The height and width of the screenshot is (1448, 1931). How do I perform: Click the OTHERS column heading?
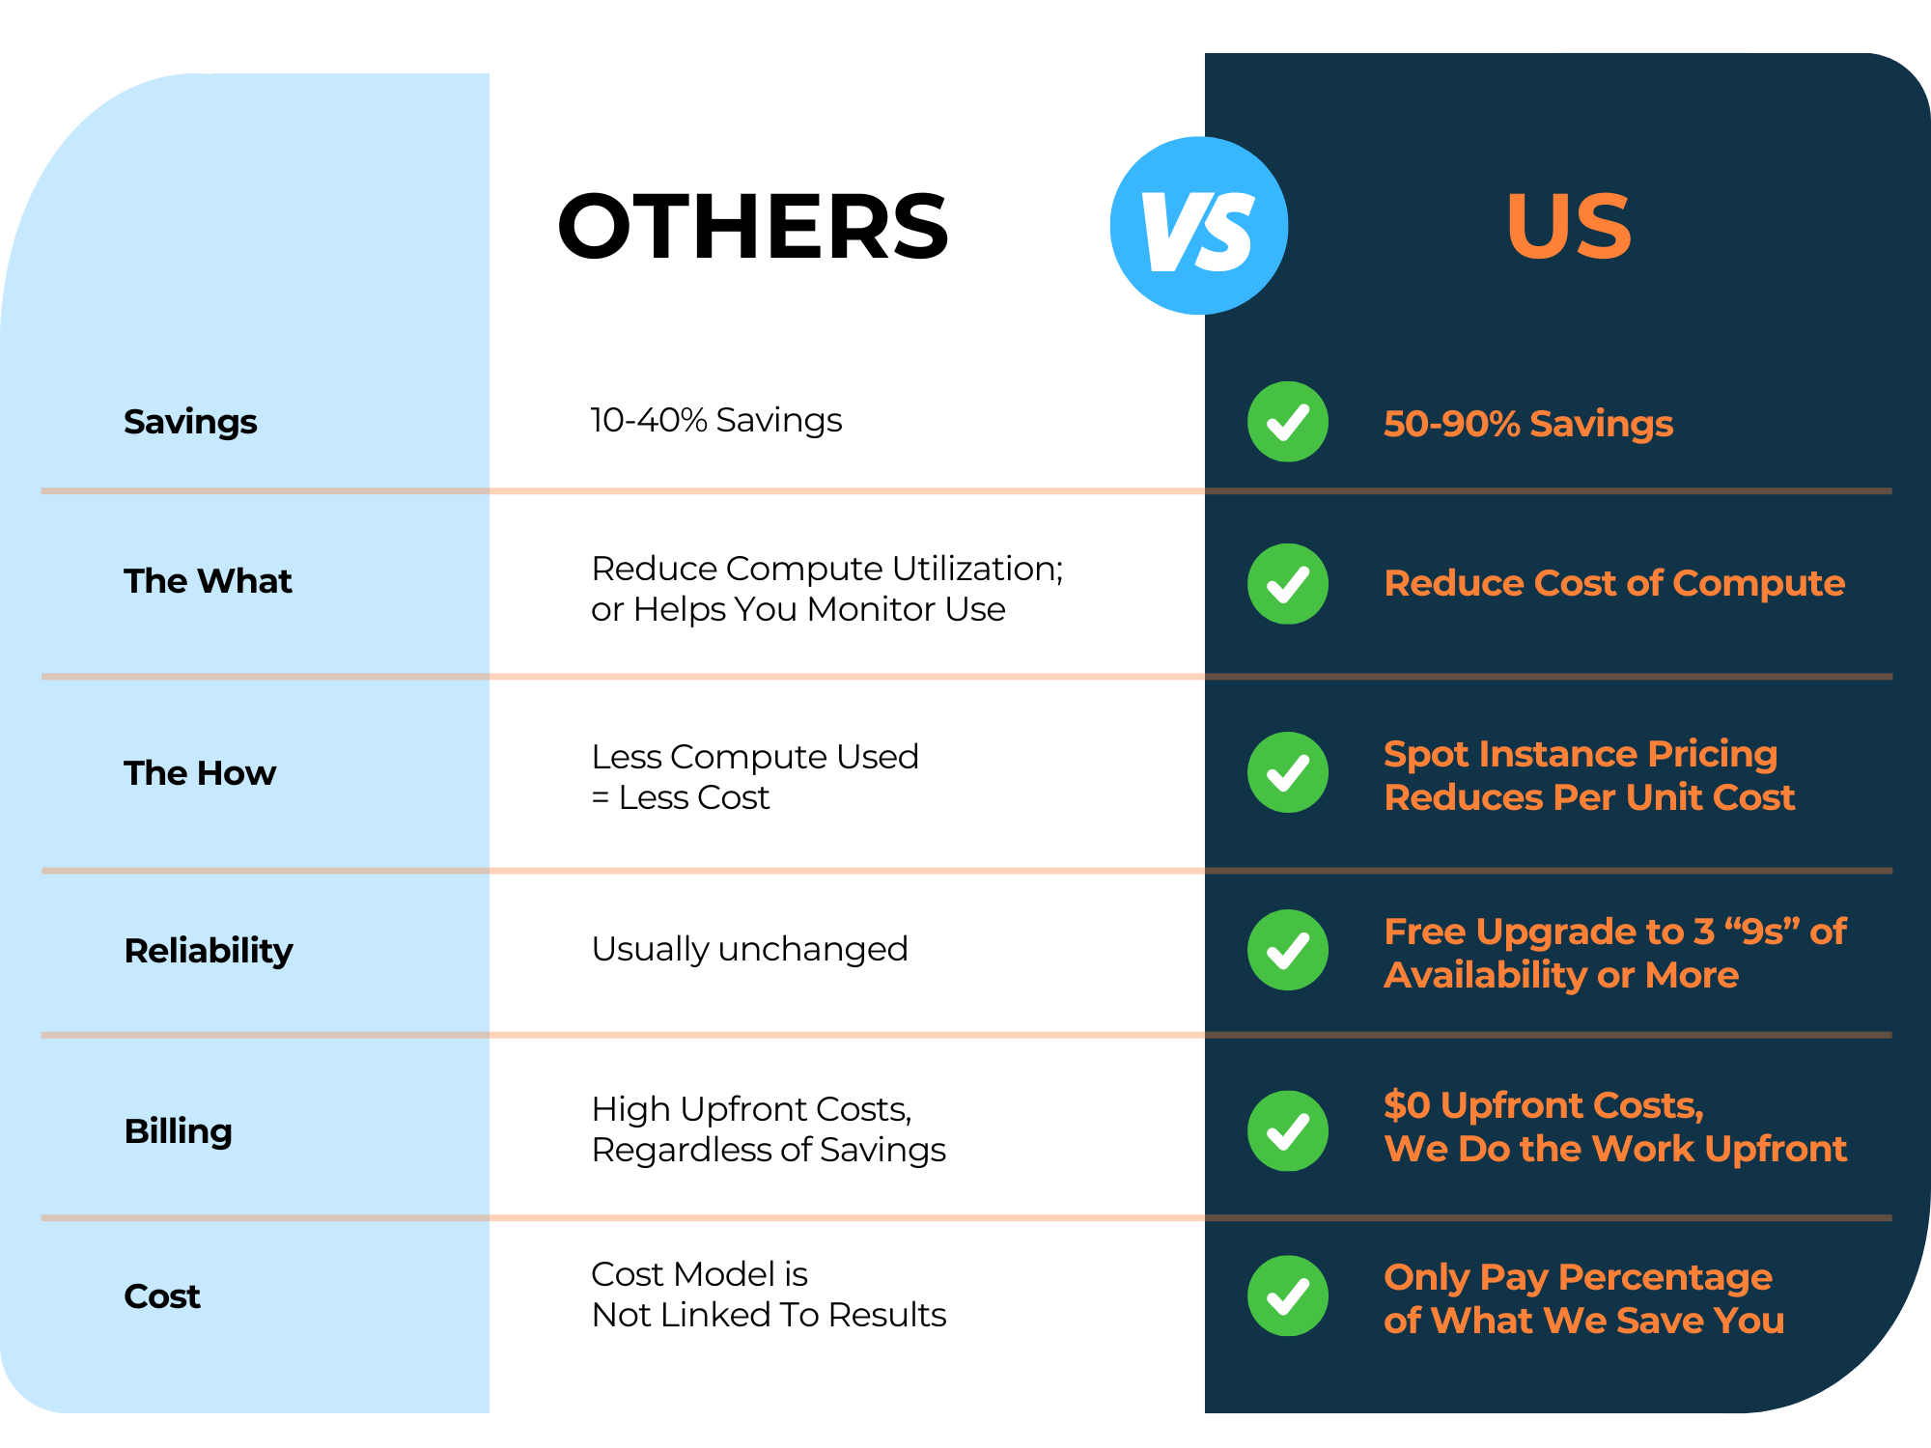[x=753, y=226]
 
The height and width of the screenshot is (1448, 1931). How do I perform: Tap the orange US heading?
[x=1569, y=226]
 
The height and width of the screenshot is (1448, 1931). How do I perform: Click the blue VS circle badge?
[x=1199, y=226]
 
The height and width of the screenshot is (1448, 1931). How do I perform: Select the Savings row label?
[x=190, y=422]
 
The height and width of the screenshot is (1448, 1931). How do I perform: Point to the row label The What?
[x=208, y=581]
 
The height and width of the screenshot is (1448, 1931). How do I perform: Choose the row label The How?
[x=200, y=773]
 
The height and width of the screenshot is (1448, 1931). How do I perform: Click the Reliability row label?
[x=209, y=952]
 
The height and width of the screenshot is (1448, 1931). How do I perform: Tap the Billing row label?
[x=179, y=1131]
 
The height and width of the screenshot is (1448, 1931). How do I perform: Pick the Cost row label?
[x=162, y=1296]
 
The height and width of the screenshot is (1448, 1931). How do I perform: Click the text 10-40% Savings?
[x=716, y=420]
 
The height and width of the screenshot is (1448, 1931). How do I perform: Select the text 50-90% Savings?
[x=1528, y=424]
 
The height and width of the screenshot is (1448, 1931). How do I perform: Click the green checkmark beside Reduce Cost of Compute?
[x=1288, y=584]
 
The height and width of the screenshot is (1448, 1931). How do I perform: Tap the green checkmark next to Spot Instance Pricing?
[x=1288, y=772]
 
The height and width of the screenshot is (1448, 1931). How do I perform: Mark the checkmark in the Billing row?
[x=1288, y=1131]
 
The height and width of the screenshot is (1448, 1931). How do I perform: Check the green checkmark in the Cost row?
[x=1288, y=1295]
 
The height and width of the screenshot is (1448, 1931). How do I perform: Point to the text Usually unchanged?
[x=749, y=950]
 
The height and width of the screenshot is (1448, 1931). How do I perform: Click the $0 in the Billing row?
[x=1407, y=1104]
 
